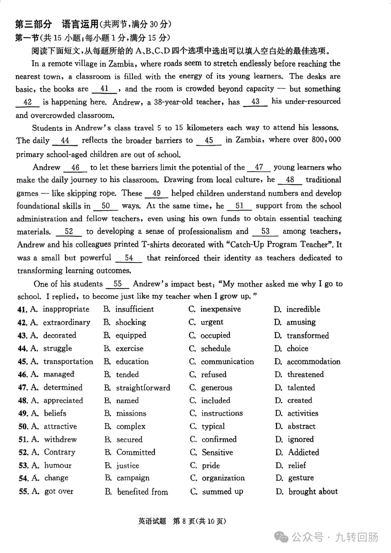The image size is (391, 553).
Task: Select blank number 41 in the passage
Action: (104, 89)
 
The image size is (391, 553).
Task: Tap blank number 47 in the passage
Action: (259, 167)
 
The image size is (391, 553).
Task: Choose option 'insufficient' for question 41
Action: (134, 309)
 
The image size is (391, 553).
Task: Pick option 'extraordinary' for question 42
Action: (67, 322)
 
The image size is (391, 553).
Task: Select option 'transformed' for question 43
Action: (308, 335)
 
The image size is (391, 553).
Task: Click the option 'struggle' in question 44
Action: (58, 348)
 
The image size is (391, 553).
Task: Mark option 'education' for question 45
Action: (132, 361)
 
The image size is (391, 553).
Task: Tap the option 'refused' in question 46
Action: (214, 375)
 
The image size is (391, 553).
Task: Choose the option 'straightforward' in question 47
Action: (143, 388)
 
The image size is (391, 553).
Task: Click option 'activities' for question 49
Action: (303, 413)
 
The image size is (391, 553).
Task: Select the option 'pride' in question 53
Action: (211, 466)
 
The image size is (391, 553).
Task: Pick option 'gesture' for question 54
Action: (301, 478)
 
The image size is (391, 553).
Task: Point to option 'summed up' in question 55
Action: (222, 492)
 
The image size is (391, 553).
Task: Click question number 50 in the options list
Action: (23, 427)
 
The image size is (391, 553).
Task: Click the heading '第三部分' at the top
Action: (34, 24)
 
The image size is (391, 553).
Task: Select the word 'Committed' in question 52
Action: (136, 452)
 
